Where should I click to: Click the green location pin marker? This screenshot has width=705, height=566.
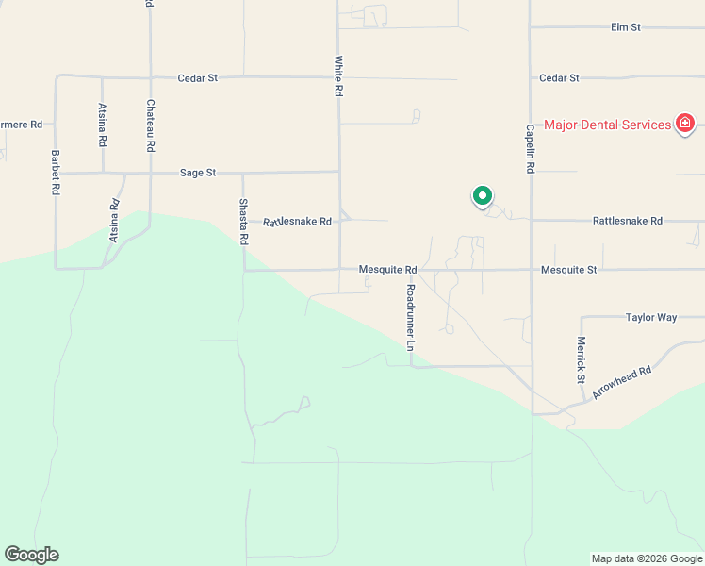pyautogui.click(x=482, y=196)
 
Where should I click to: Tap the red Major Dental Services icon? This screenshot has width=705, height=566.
pyautogui.click(x=685, y=124)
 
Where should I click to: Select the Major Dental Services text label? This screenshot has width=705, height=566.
pyautogui.click(x=607, y=125)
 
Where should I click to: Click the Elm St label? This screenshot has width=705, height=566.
pyautogui.click(x=626, y=27)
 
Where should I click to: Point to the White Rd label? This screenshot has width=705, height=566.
pyautogui.click(x=337, y=76)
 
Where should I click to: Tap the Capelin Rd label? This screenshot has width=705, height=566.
pyautogui.click(x=531, y=148)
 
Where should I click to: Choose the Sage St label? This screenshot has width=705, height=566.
pyautogui.click(x=198, y=173)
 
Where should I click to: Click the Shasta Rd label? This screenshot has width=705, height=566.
pyautogui.click(x=243, y=223)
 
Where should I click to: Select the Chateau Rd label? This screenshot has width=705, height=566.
pyautogui.click(x=150, y=126)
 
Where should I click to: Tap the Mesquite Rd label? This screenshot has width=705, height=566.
pyautogui.click(x=387, y=270)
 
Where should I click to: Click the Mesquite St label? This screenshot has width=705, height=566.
pyautogui.click(x=569, y=270)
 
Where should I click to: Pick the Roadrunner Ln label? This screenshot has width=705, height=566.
pyautogui.click(x=411, y=318)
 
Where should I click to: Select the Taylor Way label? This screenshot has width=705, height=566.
pyautogui.click(x=651, y=318)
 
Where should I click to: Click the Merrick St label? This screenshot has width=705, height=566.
pyautogui.click(x=582, y=359)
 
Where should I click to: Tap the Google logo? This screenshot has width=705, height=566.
pyautogui.click(x=31, y=555)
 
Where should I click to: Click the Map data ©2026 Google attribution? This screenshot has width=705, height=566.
pyautogui.click(x=647, y=558)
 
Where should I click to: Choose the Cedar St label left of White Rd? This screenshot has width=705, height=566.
pyautogui.click(x=198, y=77)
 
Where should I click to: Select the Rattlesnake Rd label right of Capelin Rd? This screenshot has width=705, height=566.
pyautogui.click(x=628, y=221)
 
